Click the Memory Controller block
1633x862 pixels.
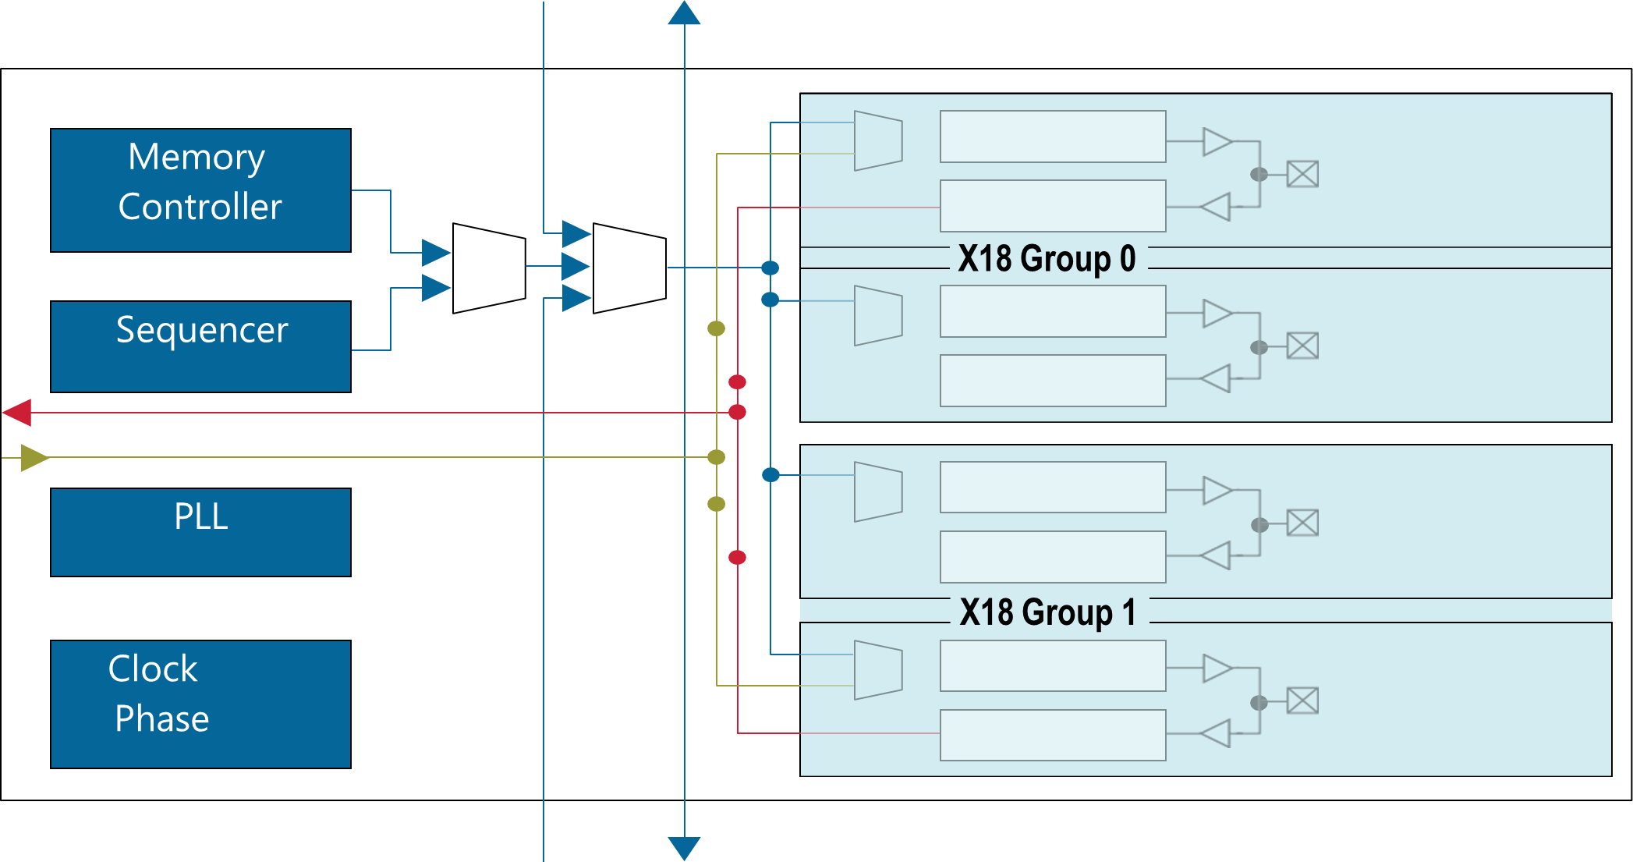(x=200, y=190)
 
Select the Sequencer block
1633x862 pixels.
(x=200, y=346)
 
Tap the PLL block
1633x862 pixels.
(x=200, y=532)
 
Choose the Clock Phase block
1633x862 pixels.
(x=200, y=704)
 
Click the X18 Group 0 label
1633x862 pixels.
(x=1047, y=258)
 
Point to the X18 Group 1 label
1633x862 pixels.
(x=1047, y=612)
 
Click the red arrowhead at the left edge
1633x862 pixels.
(x=17, y=413)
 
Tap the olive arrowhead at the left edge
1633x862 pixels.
(x=34, y=458)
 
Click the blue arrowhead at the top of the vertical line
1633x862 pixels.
(x=684, y=12)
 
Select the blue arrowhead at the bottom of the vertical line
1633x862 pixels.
(x=684, y=848)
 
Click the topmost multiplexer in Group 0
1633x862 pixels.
(x=878, y=140)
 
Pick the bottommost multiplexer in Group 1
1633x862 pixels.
(x=878, y=670)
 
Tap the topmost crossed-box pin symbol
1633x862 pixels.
(x=1302, y=174)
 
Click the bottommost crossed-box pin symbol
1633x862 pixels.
(x=1302, y=701)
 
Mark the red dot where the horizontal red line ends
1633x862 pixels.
(x=737, y=412)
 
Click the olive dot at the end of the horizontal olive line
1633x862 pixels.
(x=716, y=457)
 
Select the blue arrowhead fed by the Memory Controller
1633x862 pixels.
(x=436, y=253)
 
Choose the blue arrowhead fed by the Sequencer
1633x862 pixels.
(x=436, y=287)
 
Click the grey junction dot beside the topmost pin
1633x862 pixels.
(x=1259, y=174)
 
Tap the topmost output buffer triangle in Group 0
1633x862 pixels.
(x=1217, y=142)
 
